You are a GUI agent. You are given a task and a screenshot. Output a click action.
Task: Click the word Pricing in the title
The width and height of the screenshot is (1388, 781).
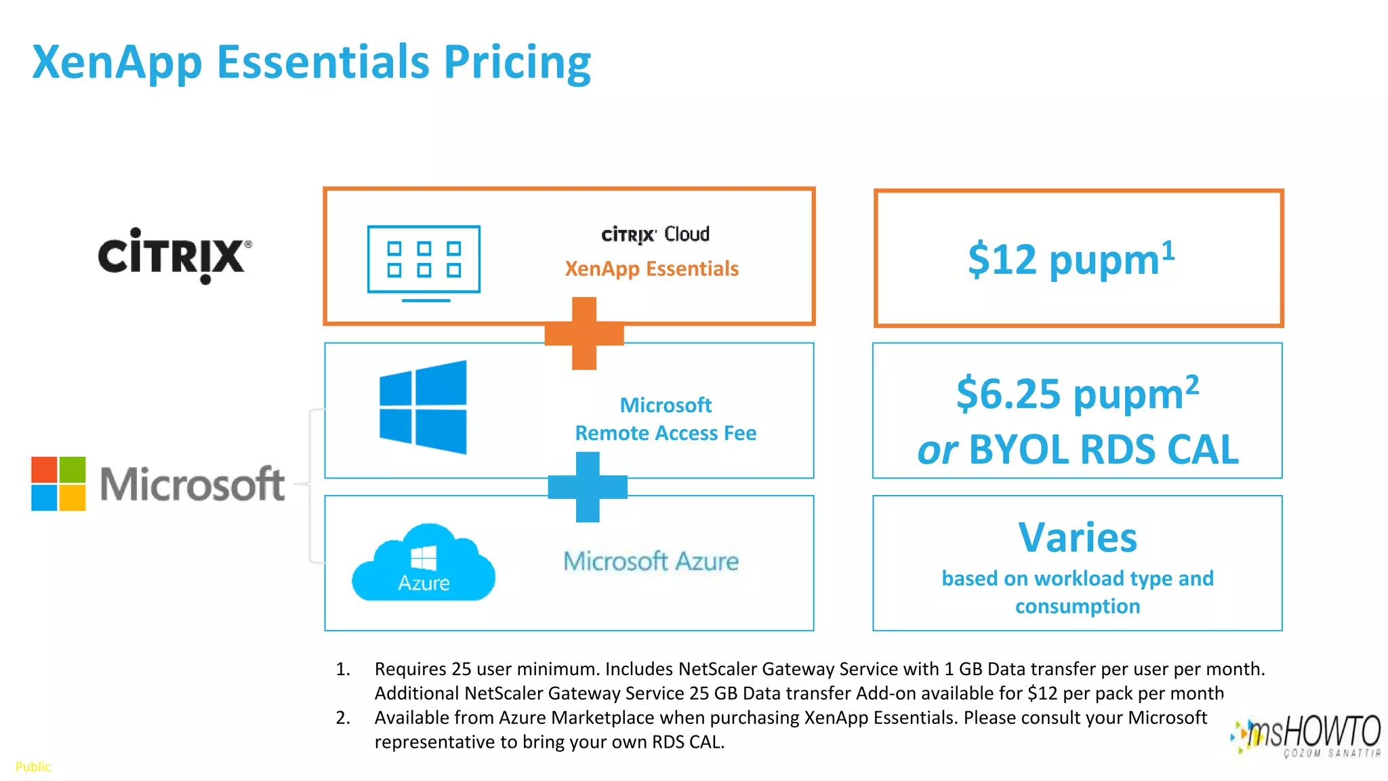pyautogui.click(x=517, y=62)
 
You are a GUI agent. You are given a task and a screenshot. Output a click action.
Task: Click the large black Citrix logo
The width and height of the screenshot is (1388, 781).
pyautogui.click(x=175, y=256)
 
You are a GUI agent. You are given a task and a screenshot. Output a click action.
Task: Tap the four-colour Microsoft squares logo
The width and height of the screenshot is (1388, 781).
pyautogui.click(x=58, y=483)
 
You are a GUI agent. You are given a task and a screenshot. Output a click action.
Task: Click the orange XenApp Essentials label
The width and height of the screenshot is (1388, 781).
pyautogui.click(x=651, y=268)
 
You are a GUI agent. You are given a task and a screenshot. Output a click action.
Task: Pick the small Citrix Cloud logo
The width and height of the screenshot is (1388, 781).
pyautogui.click(x=655, y=235)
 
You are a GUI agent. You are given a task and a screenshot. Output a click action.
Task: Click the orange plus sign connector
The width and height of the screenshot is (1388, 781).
pyautogui.click(x=584, y=334)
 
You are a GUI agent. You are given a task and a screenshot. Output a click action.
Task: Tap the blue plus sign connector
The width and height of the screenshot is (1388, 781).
pyautogui.click(x=587, y=487)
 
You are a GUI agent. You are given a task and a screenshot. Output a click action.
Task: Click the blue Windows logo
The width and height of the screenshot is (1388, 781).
pyautogui.click(x=424, y=407)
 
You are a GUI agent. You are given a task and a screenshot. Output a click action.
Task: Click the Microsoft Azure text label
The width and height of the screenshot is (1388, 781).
pyautogui.click(x=651, y=561)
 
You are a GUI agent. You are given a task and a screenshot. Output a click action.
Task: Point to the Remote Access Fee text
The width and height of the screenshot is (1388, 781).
pyautogui.click(x=666, y=433)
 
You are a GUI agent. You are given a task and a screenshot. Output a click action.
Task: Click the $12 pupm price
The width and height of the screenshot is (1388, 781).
pyautogui.click(x=1071, y=259)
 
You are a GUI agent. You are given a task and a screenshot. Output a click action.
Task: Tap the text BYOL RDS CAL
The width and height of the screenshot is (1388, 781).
pyautogui.click(x=1103, y=449)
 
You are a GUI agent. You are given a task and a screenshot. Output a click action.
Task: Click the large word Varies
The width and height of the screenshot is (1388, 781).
pyautogui.click(x=1078, y=538)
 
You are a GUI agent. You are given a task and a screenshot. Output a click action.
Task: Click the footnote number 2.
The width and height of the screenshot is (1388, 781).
pyautogui.click(x=343, y=717)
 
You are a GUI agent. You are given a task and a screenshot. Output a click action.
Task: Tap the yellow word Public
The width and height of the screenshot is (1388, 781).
pyautogui.click(x=33, y=767)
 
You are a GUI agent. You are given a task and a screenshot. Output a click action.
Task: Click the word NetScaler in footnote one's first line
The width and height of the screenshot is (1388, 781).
pyautogui.click(x=718, y=669)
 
